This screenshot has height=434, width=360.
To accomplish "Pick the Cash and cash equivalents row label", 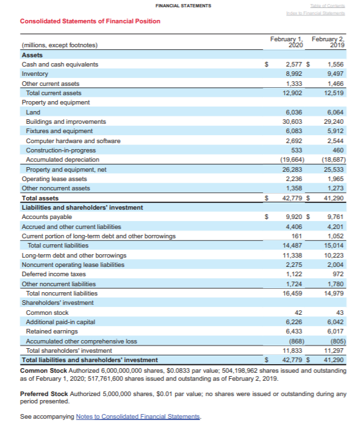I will [x=60, y=65].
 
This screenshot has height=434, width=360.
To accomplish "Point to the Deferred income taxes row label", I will [x=54, y=274].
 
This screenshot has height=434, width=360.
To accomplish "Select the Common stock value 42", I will [x=299, y=312].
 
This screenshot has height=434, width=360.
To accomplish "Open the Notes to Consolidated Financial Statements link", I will [x=138, y=417].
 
